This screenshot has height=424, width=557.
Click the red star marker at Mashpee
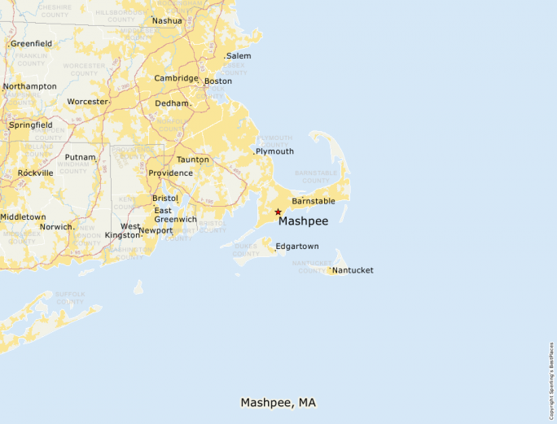tap(278, 212)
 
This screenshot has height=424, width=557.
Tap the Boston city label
tap(217, 81)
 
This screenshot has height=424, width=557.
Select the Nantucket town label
tap(353, 270)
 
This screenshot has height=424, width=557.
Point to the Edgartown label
tap(297, 247)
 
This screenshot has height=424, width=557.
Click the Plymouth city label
tap(274, 151)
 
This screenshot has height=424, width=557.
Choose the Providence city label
tap(170, 173)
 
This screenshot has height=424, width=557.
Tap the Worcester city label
tap(87, 102)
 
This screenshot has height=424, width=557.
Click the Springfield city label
tap(30, 125)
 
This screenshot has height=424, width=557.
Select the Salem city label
tap(239, 56)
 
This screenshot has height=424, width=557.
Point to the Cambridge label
tap(176, 79)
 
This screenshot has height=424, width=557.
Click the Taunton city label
tap(193, 160)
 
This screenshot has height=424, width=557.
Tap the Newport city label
tap(156, 230)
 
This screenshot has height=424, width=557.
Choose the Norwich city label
tap(56, 226)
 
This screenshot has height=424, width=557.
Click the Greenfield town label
tap(31, 44)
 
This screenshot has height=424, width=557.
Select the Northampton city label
tap(29, 86)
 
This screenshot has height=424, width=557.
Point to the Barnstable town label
tap(314, 201)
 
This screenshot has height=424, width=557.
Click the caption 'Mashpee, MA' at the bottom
tap(278, 403)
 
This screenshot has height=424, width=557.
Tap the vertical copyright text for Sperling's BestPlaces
tap(551, 378)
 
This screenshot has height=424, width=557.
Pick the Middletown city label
tap(23, 217)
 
